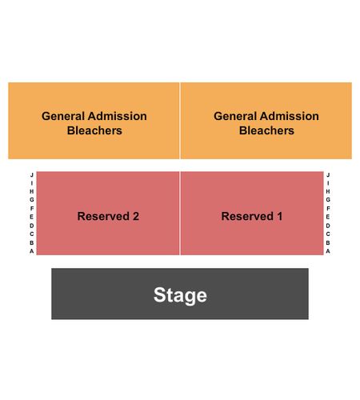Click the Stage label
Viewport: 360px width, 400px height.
pos(180,295)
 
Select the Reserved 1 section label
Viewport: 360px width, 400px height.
pos(252,216)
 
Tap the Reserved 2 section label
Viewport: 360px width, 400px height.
pos(108,216)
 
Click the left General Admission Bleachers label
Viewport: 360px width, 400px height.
pos(94,123)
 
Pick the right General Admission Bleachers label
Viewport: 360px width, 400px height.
pos(266,123)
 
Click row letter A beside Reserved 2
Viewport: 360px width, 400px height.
pos(32,251)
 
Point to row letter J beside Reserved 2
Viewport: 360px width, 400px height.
pos(32,175)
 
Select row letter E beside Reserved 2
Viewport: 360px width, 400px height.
pos(32,217)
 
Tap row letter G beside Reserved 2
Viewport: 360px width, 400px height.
pos(32,199)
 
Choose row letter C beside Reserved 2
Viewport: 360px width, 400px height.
pos(32,234)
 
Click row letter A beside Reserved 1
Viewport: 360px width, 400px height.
pos(328,251)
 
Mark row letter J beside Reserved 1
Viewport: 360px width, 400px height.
pos(328,175)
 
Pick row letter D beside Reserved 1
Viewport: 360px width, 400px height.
pos(328,226)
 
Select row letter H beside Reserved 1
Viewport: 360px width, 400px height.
pos(328,191)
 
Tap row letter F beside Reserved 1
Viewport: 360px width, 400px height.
pos(328,208)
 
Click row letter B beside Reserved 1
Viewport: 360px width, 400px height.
pos(328,242)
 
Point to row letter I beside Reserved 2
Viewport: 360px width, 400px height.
pos(32,183)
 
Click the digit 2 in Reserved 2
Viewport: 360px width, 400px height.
pos(136,216)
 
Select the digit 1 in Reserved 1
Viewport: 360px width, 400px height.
pos(279,216)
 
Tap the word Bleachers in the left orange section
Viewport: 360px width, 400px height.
pos(94,130)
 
